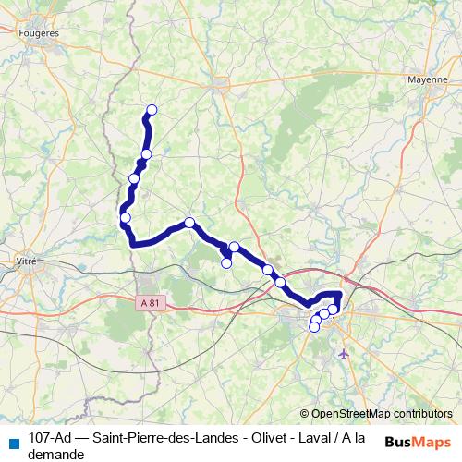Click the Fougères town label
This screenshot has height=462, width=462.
coord(39,32)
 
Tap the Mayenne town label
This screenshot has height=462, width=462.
coord(427,79)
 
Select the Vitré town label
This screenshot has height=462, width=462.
coord(27,261)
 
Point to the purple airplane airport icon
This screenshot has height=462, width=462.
coord(345,354)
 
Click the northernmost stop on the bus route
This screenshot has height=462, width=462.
coord(152,110)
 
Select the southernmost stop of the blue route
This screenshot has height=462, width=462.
coord(314,327)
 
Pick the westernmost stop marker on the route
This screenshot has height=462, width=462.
coord(125,218)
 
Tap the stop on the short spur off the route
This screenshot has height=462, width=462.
coord(226,263)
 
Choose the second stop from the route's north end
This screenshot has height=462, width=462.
coord(146,153)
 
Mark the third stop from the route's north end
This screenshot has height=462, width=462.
coord(134,178)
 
